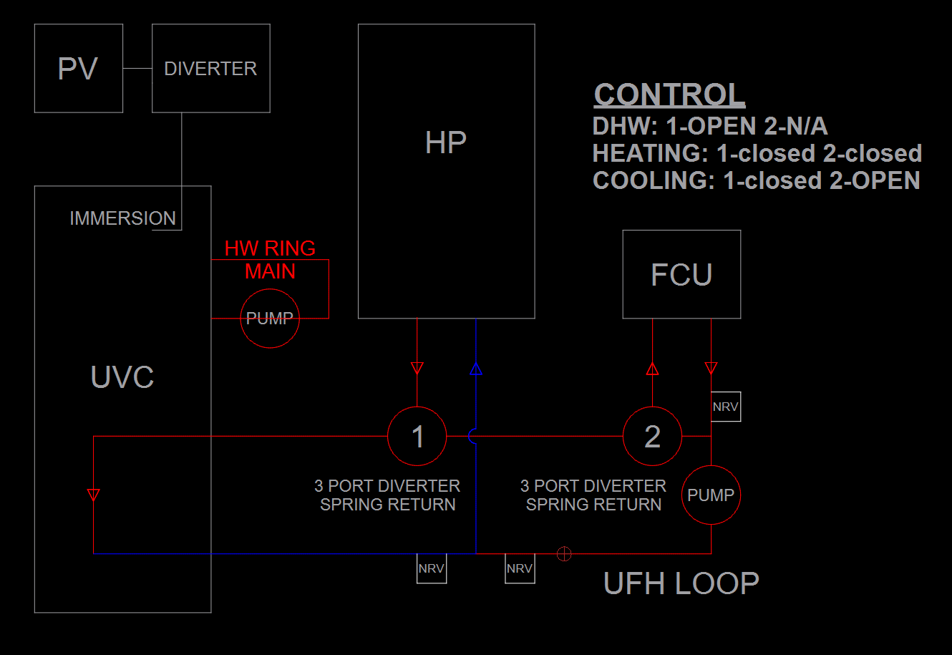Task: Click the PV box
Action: click(x=78, y=69)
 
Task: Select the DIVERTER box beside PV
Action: click(x=210, y=69)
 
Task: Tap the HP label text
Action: click(x=445, y=143)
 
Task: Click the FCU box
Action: click(x=681, y=274)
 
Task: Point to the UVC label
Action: click(x=122, y=377)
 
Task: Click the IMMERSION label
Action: click(x=122, y=218)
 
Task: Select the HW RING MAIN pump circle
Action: click(x=270, y=319)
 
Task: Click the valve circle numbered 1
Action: click(x=417, y=436)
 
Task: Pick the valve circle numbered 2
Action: click(x=652, y=436)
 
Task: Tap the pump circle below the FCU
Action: click(x=711, y=495)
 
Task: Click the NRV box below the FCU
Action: click(x=725, y=407)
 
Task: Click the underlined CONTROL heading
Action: click(x=669, y=94)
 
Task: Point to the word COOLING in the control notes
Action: click(x=652, y=180)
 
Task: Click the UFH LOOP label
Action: click(x=681, y=583)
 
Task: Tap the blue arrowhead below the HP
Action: click(x=476, y=369)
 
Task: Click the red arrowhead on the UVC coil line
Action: click(x=93, y=494)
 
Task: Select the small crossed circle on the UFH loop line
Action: click(x=564, y=553)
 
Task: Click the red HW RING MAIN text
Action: click(x=270, y=259)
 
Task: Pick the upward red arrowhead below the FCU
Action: click(x=652, y=369)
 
